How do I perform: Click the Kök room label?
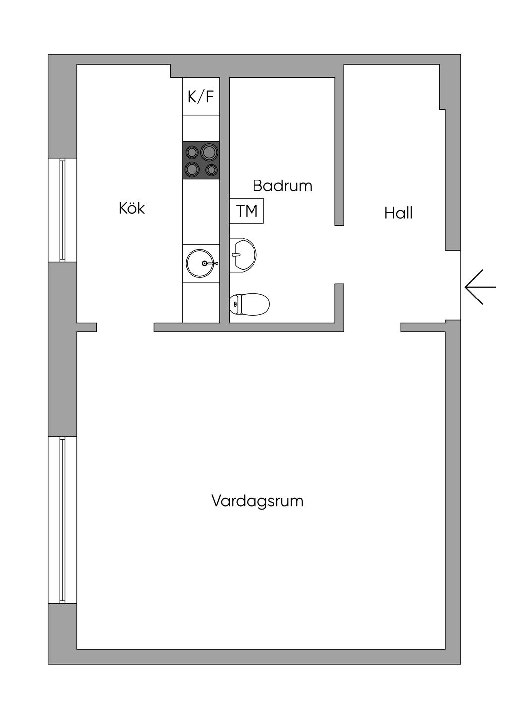(132, 208)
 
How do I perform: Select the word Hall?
(398, 213)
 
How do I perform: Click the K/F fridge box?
(201, 96)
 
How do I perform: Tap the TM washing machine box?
(247, 211)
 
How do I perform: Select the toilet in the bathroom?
(250, 304)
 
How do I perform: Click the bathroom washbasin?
(243, 255)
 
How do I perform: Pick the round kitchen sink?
(200, 263)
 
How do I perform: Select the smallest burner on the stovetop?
(211, 169)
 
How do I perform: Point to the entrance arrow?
(480, 287)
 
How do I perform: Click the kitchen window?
(62, 210)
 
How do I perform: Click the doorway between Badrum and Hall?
(340, 254)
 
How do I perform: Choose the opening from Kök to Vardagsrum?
(126, 327)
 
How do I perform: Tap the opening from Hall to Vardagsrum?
(373, 327)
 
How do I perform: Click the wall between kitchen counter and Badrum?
(225, 200)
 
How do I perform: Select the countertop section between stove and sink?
(201, 212)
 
